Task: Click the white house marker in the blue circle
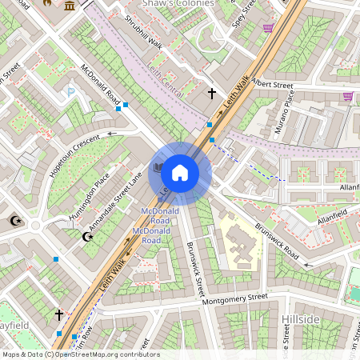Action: (180, 171)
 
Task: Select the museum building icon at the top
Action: (70, 6)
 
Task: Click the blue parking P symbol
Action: (70, 93)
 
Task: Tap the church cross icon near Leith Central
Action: (212, 94)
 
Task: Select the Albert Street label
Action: (272, 83)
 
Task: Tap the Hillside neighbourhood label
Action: (301, 319)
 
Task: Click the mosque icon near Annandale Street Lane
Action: (88, 236)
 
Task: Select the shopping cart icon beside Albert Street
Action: (348, 97)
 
